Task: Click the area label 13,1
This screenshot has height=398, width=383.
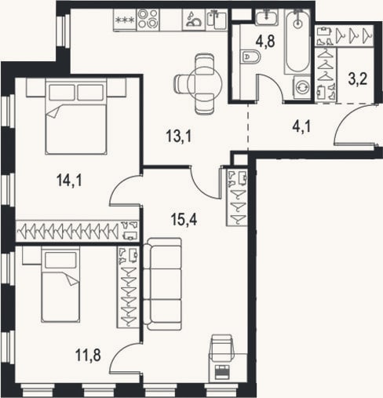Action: click(x=179, y=137)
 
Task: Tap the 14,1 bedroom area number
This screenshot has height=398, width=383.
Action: click(x=69, y=181)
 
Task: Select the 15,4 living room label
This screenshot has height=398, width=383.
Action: click(x=184, y=219)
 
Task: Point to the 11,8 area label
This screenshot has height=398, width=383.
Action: click(x=88, y=355)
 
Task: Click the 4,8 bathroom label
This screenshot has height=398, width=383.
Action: click(x=265, y=41)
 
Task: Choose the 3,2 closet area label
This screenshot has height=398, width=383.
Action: click(x=358, y=79)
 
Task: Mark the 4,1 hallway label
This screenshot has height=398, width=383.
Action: click(x=301, y=126)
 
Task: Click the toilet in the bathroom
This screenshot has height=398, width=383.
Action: click(x=250, y=57)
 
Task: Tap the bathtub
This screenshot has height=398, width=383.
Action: click(x=297, y=42)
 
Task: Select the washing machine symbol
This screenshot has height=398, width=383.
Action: click(x=302, y=87)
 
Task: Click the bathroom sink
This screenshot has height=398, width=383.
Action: click(x=267, y=17)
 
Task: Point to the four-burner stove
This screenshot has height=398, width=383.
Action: click(x=148, y=20)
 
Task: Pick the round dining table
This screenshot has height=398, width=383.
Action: click(x=205, y=84)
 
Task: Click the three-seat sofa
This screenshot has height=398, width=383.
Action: click(x=163, y=284)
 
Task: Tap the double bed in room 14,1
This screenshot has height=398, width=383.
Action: click(x=76, y=116)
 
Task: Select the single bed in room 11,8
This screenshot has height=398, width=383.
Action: click(x=60, y=285)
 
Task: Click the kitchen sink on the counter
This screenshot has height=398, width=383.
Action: click(x=217, y=20)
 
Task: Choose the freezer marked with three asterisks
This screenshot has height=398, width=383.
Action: click(x=125, y=20)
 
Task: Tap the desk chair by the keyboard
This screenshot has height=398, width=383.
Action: click(x=222, y=348)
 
